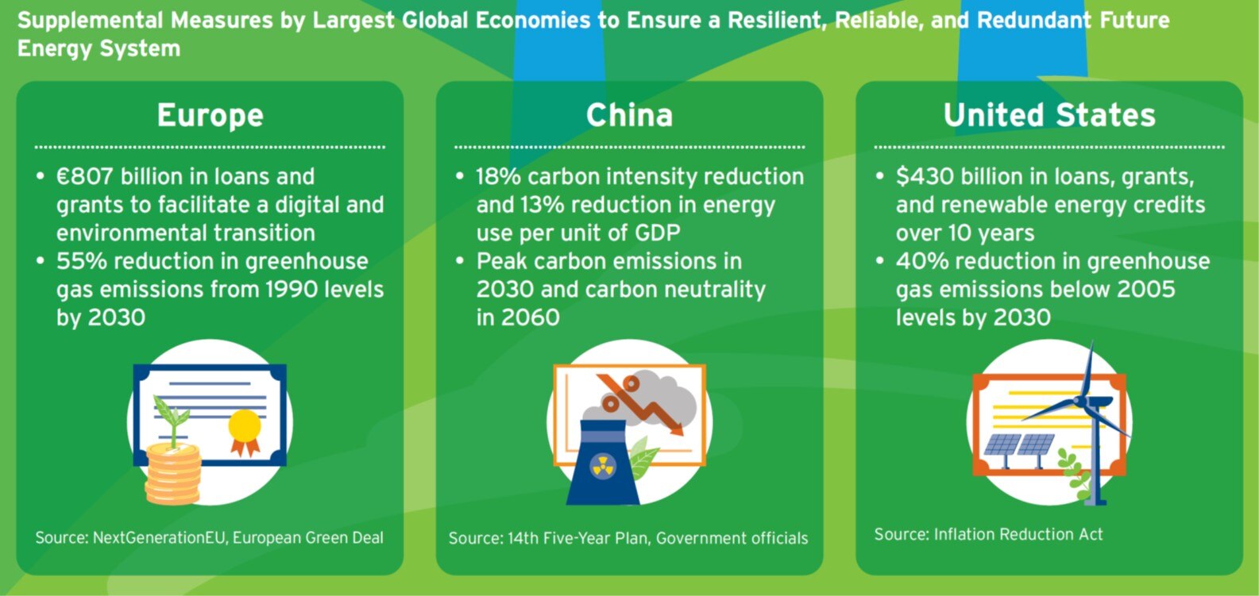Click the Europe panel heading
click(210, 117)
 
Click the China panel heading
click(629, 115)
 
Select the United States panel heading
click(1049, 115)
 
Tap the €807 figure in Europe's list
click(85, 176)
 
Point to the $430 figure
click(925, 176)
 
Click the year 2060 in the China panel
click(531, 318)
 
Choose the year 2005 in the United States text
click(1145, 290)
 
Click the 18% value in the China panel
click(499, 176)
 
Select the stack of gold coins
click(173, 474)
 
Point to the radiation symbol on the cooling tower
click(603, 466)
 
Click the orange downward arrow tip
click(679, 432)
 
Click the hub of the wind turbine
click(1080, 401)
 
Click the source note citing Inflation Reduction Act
click(988, 534)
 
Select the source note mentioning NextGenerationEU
click(209, 537)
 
